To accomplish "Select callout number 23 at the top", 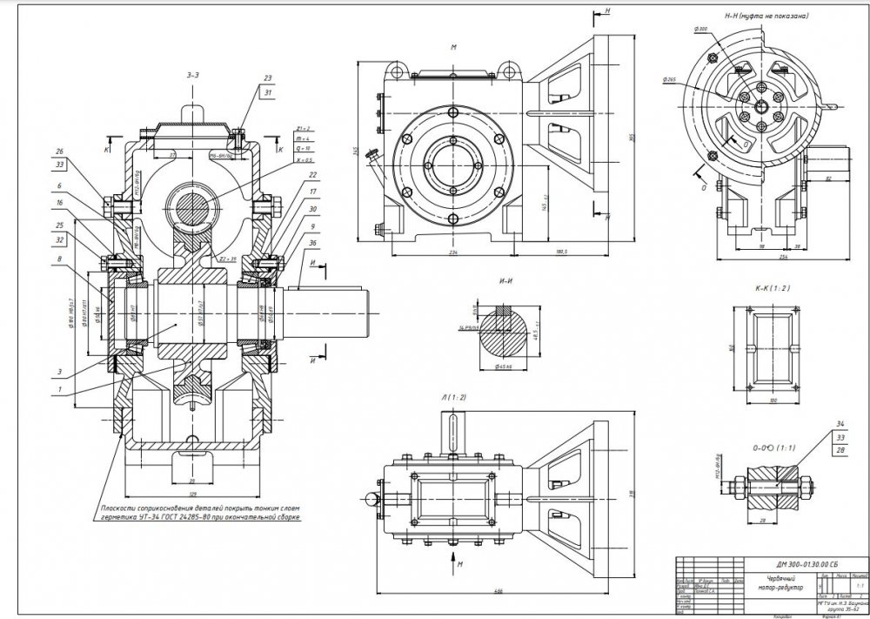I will [268, 78].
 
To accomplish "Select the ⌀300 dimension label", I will [700, 30].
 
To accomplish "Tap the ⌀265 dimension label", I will [669, 79].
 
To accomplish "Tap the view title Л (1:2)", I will [455, 397].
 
